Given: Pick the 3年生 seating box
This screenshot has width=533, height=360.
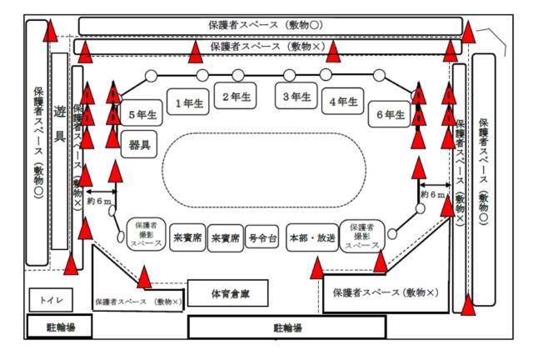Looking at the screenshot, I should (x=297, y=97).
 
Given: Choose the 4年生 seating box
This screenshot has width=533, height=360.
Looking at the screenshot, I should (x=343, y=102).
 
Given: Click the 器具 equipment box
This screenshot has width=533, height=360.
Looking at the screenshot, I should (x=139, y=144).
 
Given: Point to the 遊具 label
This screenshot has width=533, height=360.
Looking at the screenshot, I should (x=59, y=125).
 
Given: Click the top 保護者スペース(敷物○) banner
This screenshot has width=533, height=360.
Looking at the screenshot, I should (x=270, y=25).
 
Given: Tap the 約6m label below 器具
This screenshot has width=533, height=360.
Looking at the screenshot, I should (x=99, y=201).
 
